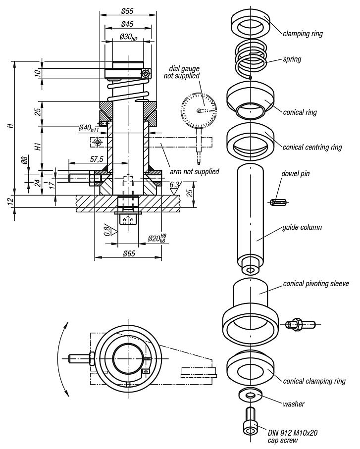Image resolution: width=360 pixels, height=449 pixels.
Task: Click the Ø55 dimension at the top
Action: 128,10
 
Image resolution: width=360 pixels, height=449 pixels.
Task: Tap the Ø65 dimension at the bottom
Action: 128,252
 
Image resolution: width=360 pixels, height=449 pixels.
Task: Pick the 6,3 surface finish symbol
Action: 174,186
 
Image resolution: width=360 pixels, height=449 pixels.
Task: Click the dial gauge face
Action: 199,110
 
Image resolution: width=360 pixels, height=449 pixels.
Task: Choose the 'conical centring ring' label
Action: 312,147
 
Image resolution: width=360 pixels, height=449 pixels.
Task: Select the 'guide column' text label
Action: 302,227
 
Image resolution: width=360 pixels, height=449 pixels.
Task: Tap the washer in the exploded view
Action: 251,395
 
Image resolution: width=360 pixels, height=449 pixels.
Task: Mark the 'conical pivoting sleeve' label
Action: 316,284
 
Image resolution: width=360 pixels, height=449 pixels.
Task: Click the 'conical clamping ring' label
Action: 314,381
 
